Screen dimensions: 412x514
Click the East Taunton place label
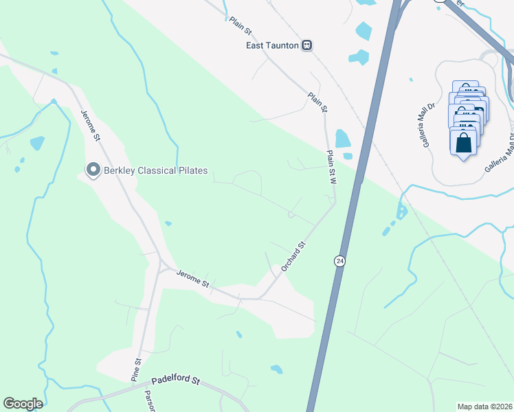tap(272, 45)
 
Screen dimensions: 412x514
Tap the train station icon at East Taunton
tap(307, 45)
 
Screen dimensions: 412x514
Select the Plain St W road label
tap(331, 168)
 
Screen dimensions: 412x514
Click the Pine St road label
tap(137, 369)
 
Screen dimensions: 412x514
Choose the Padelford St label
tap(175, 379)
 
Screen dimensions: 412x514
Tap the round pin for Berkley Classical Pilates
tap(92, 170)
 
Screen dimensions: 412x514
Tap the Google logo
tap(23, 404)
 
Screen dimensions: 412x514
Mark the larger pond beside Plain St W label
tap(342, 139)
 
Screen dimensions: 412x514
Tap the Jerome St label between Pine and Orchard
tap(192, 279)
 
